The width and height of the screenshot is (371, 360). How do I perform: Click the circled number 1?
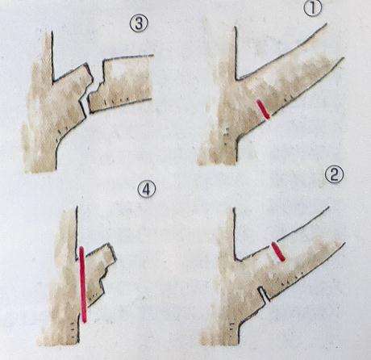313,8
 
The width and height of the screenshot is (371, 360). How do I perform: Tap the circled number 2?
335,175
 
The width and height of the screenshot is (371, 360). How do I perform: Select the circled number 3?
139,23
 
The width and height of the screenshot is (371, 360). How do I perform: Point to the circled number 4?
146,189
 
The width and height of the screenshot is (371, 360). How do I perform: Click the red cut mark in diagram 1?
263,109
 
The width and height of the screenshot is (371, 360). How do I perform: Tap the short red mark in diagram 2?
278,251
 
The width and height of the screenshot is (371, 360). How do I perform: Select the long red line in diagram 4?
83,284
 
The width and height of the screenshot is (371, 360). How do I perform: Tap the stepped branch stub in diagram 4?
99,273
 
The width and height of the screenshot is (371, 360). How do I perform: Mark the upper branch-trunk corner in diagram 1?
236,79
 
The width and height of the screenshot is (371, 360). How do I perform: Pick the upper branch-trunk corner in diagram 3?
54,81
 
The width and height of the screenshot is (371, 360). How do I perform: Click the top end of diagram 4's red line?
82,248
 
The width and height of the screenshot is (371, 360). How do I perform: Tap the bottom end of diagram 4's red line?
85,320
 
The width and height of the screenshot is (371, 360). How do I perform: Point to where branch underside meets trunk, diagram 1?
237,140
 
